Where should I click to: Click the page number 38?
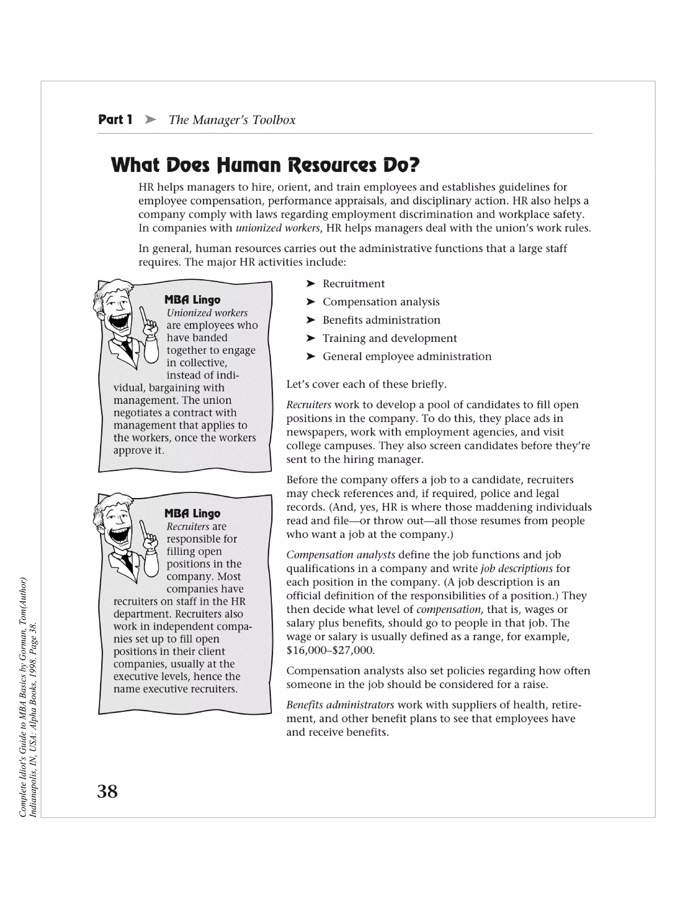[107, 792]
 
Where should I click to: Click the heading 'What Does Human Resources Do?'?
[265, 165]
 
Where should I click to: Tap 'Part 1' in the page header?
[115, 120]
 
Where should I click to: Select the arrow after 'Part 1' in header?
[151, 120]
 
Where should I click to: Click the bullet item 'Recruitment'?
[353, 284]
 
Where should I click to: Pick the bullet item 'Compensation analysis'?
[381, 302]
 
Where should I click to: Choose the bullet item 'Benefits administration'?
[381, 320]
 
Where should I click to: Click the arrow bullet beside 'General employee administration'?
[311, 356]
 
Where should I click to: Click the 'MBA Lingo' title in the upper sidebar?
[192, 300]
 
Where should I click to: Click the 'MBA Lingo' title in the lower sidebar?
[192, 513]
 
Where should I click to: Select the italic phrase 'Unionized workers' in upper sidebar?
[207, 313]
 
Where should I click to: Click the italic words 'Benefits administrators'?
[340, 705]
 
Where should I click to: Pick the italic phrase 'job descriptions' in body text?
[516, 568]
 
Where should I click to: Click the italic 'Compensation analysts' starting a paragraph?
[341, 555]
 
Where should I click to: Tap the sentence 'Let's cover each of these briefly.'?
[366, 384]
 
